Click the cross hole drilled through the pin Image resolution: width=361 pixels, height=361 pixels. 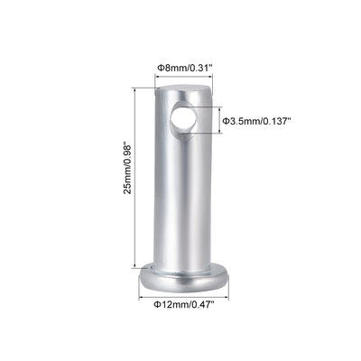coord(184,118)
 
